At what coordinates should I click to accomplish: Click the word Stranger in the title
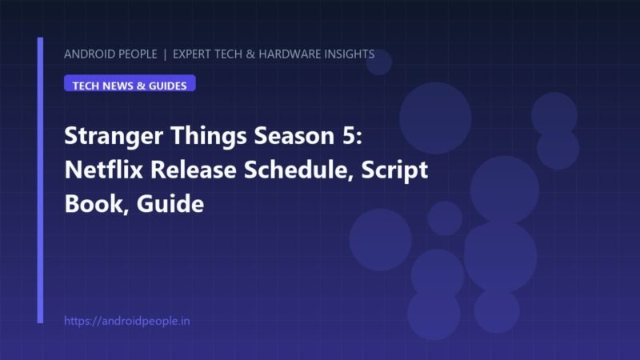114,136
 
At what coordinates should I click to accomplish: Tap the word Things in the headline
209,136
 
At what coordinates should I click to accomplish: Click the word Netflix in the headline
104,170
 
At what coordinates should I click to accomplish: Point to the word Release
194,170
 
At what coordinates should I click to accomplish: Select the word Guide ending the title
170,204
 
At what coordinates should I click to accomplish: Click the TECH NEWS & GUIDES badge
130,83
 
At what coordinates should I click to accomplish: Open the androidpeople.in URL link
127,322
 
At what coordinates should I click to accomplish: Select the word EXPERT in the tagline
192,54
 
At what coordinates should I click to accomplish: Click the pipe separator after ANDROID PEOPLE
165,54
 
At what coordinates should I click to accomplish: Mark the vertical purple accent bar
40,180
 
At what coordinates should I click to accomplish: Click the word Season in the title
294,136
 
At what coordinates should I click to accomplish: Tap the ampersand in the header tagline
250,54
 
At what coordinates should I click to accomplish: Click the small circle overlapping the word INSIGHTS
378,62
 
